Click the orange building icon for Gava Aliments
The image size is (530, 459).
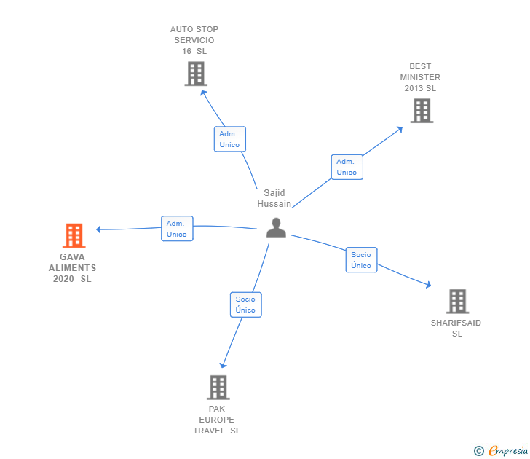click(74, 235)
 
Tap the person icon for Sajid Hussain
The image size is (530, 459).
click(276, 227)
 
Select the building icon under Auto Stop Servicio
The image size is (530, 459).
click(195, 74)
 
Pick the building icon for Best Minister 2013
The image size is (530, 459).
click(421, 111)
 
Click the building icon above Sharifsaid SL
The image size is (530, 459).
click(457, 301)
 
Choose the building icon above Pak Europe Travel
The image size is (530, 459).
click(218, 387)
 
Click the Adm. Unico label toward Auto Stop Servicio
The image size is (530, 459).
click(229, 139)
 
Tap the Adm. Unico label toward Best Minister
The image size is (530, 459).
click(347, 167)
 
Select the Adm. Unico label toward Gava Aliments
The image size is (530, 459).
click(176, 229)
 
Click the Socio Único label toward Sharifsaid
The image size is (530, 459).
click(361, 260)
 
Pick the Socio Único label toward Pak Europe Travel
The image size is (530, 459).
click(245, 305)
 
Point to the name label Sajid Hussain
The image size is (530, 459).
click(274, 198)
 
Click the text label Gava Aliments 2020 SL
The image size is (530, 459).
click(72, 268)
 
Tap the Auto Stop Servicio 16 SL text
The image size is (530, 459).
click(194, 40)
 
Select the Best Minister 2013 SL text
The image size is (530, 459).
click(420, 77)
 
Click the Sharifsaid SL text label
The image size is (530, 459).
click(456, 329)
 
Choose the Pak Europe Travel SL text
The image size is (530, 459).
click(217, 420)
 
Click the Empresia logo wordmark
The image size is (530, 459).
click(508, 451)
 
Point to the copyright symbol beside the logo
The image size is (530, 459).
click(479, 451)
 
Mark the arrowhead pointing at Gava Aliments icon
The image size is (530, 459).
click(99, 229)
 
